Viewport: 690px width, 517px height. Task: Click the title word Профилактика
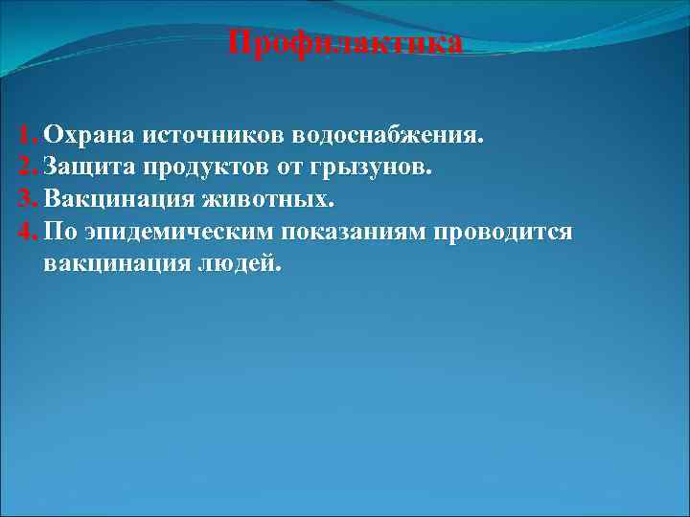click(x=347, y=44)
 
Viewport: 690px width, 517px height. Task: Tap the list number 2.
click(x=25, y=169)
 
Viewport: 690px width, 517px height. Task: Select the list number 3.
click(x=25, y=201)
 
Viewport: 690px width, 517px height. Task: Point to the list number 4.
click(x=26, y=233)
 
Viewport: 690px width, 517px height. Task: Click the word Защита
click(x=90, y=169)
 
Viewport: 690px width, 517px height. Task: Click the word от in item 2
click(x=288, y=169)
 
